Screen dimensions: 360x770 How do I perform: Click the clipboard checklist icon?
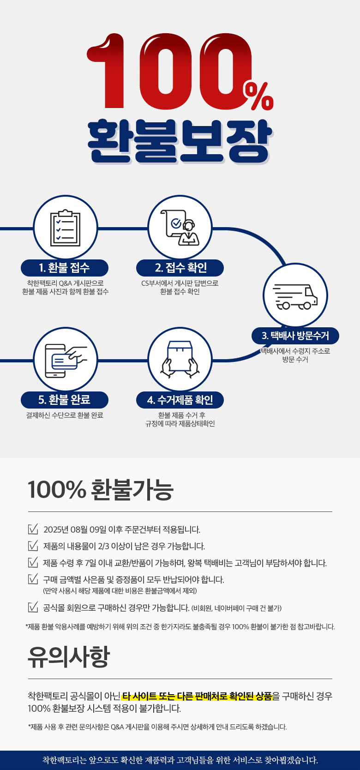pos(66,228)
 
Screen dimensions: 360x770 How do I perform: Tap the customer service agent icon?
pos(180,228)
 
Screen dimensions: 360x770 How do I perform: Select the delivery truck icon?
pos(295,297)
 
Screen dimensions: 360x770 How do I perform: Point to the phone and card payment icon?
pos(66,361)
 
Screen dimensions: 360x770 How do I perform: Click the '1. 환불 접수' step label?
pos(65,268)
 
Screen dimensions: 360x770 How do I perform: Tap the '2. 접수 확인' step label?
pos(180,268)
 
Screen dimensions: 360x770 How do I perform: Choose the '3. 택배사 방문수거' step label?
pos(295,336)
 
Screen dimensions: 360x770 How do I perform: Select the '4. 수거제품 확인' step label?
pos(180,400)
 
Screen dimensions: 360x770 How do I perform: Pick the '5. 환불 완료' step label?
pos(65,400)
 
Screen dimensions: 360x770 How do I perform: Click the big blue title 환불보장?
pos(179,141)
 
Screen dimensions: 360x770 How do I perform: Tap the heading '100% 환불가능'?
pos(101,489)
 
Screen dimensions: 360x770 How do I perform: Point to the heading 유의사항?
pos(68,656)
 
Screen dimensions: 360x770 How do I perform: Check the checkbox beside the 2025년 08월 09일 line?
pos(33,529)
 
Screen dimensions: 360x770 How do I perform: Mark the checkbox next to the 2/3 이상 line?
pos(33,546)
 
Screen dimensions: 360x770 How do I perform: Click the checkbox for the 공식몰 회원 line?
pos(33,608)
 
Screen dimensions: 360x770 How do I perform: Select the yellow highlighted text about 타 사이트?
pos(197,697)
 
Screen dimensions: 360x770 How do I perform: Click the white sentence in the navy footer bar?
pos(180,760)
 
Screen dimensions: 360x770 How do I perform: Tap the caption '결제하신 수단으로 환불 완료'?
pos(65,415)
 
